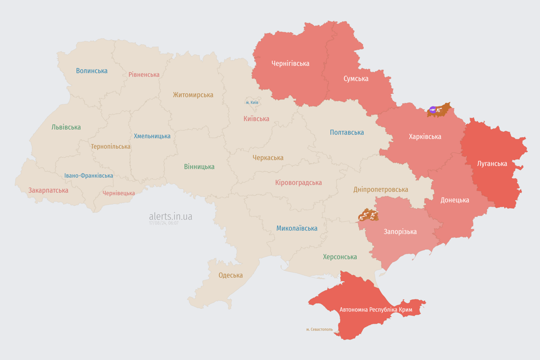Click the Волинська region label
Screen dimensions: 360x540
coord(92,71)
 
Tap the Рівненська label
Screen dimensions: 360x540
coord(144,75)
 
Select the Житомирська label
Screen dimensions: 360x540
coord(193,95)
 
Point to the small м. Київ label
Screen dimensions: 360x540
coord(252,102)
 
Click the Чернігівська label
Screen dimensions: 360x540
coord(290,63)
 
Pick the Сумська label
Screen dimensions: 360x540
coord(356,78)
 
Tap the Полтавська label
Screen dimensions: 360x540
coord(347,132)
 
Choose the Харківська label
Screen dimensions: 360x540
coord(425,136)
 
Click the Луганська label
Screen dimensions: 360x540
coord(492,164)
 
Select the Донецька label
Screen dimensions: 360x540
coord(454,200)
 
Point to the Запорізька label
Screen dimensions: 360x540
coord(400,232)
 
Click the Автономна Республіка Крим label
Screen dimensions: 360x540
coord(373,310)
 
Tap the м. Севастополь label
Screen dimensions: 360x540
coord(319,330)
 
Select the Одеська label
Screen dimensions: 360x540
coord(231,275)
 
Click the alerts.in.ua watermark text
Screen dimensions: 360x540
coord(171,216)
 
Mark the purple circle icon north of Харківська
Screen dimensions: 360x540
coord(432,110)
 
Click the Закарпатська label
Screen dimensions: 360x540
coord(48,190)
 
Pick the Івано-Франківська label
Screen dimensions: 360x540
coord(89,176)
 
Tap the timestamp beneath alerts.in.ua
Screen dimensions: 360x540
coord(164,223)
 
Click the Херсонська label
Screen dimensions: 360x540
coord(340,257)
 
